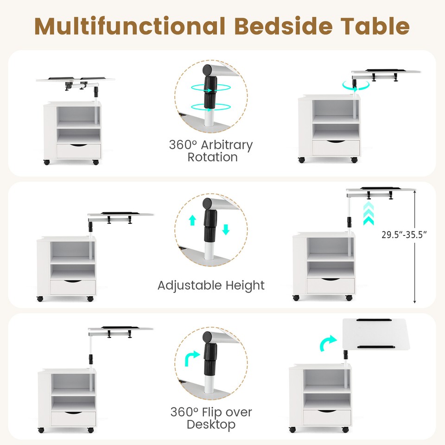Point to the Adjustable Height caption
click(211, 285)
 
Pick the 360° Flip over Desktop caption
click(211, 418)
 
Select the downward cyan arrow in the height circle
click(226, 229)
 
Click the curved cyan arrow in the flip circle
click(192, 358)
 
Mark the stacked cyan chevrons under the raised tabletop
click(369, 213)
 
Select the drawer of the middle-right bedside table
click(331, 286)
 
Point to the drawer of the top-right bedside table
click(336, 148)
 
